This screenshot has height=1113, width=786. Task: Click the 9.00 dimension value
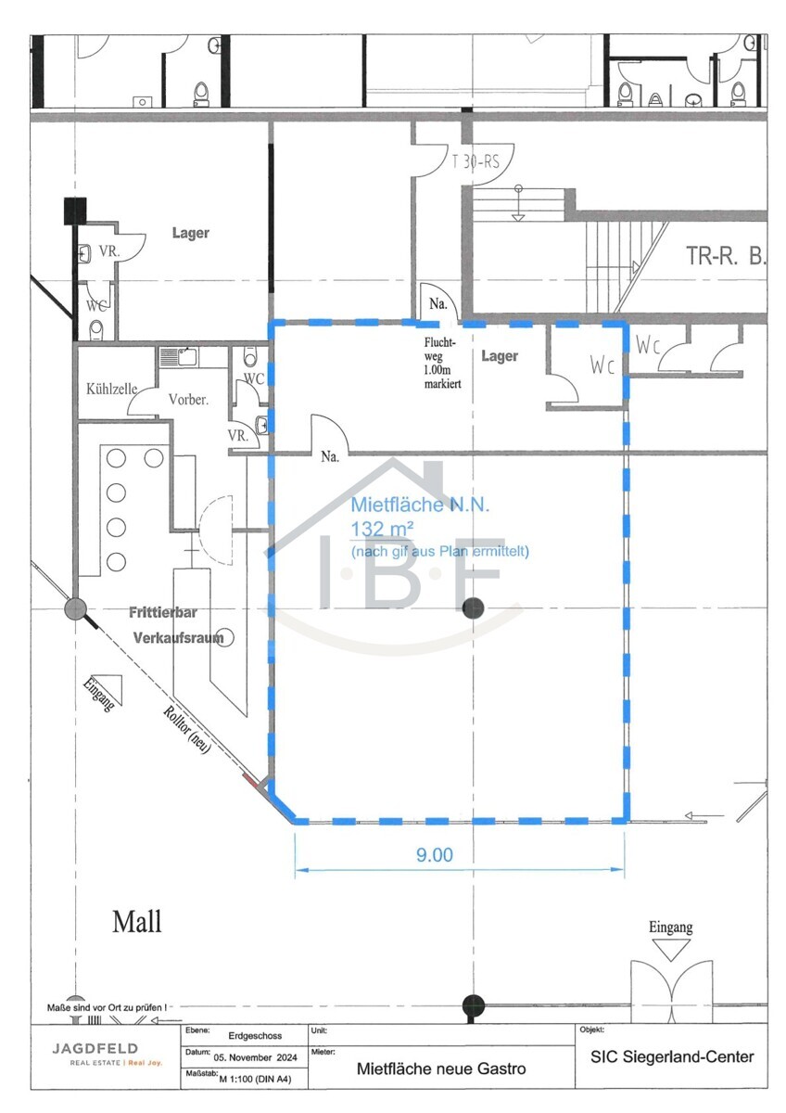point(434,855)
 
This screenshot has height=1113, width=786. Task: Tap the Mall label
point(136,922)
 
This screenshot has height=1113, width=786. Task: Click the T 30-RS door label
point(475,161)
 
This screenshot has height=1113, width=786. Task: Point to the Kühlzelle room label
point(111,389)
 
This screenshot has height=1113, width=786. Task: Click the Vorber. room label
point(188,399)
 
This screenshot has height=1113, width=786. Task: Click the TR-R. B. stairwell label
point(726,255)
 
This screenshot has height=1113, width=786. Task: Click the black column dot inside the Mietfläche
point(473,608)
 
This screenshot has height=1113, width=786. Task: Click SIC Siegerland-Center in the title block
point(672,1056)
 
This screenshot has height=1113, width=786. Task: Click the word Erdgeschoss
point(254,1035)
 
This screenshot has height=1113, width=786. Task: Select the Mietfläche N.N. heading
point(419,505)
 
